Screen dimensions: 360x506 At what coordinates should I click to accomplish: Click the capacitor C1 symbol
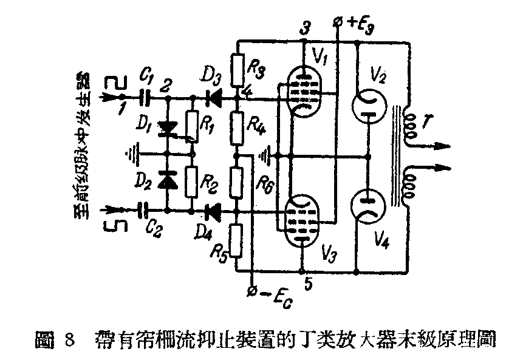[145, 97]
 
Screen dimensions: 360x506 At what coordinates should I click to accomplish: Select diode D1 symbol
[165, 129]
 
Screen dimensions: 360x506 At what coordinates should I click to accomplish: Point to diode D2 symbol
[165, 178]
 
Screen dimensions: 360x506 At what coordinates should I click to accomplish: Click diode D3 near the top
[213, 97]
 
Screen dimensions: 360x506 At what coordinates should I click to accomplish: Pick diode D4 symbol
[213, 211]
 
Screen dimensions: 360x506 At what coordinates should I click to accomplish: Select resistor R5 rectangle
[238, 238]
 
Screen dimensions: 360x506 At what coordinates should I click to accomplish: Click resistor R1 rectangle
[192, 126]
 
